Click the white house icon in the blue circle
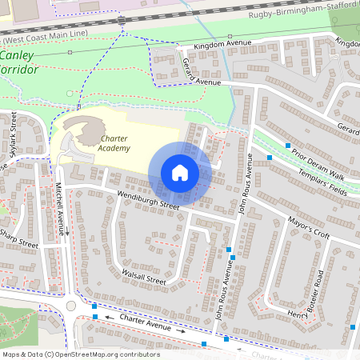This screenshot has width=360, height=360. click(x=180, y=173)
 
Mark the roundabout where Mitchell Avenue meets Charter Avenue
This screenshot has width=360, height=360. click(x=70, y=306)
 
